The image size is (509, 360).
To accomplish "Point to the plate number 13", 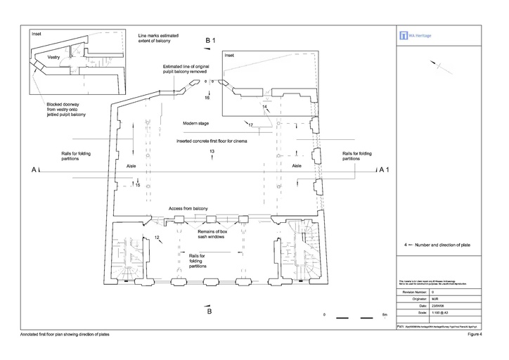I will pyautogui.click(x=212, y=152).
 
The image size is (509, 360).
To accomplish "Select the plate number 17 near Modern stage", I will pyautogui.click(x=250, y=125).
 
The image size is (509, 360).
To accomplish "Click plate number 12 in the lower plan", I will pyautogui.click(x=157, y=238).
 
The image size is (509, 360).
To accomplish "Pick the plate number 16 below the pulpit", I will pyautogui.click(x=207, y=98).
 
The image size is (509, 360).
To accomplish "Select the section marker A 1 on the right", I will pyautogui.click(x=384, y=170).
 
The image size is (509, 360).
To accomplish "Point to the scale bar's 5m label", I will pyautogui.click(x=384, y=315).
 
